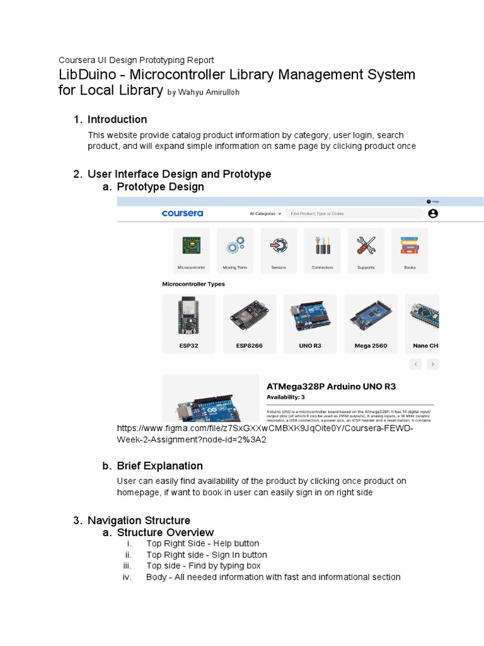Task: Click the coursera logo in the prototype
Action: click(182, 213)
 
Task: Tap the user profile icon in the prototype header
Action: click(432, 214)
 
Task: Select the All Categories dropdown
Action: click(265, 214)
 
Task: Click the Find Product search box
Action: click(355, 214)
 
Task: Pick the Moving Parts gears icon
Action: click(235, 246)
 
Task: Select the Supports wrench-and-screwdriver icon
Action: click(366, 245)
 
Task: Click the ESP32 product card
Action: click(188, 323)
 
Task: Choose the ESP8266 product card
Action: click(249, 323)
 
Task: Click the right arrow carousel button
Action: click(432, 364)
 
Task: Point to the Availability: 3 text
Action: click(285, 397)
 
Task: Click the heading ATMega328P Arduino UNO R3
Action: click(331, 386)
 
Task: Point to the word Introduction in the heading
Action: click(117, 119)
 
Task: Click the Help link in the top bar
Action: click(432, 201)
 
